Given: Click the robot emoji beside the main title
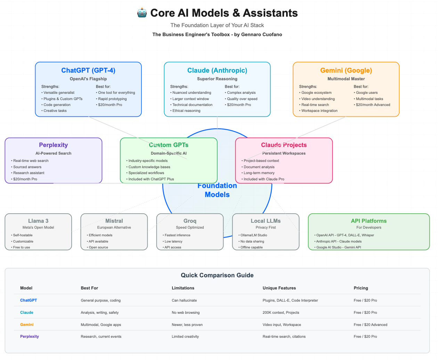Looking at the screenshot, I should [142, 13].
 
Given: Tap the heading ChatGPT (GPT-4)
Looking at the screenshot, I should [88, 71].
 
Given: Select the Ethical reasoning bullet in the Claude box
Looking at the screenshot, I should [186, 111].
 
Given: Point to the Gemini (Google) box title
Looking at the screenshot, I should [346, 71].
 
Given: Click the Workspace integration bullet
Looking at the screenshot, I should [319, 111].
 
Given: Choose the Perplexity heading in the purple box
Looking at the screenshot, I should [53, 145].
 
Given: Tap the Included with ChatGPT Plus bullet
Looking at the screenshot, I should [151, 179].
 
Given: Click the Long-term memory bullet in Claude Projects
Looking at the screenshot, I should [259, 173].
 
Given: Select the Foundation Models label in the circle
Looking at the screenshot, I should [217, 190].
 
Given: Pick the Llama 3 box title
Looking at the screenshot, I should [38, 221].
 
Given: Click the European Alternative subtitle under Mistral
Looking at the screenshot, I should [114, 228].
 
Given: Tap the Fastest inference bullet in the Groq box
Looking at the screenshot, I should [177, 235].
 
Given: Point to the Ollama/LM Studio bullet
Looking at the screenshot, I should [254, 235].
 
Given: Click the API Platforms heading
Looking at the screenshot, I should [368, 221].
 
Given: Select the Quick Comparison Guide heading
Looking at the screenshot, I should [217, 275].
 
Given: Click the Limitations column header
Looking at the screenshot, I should [183, 288].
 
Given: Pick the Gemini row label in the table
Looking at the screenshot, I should [27, 325].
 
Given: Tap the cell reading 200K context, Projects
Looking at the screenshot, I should [281, 313].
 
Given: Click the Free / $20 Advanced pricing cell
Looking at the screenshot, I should [370, 325].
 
